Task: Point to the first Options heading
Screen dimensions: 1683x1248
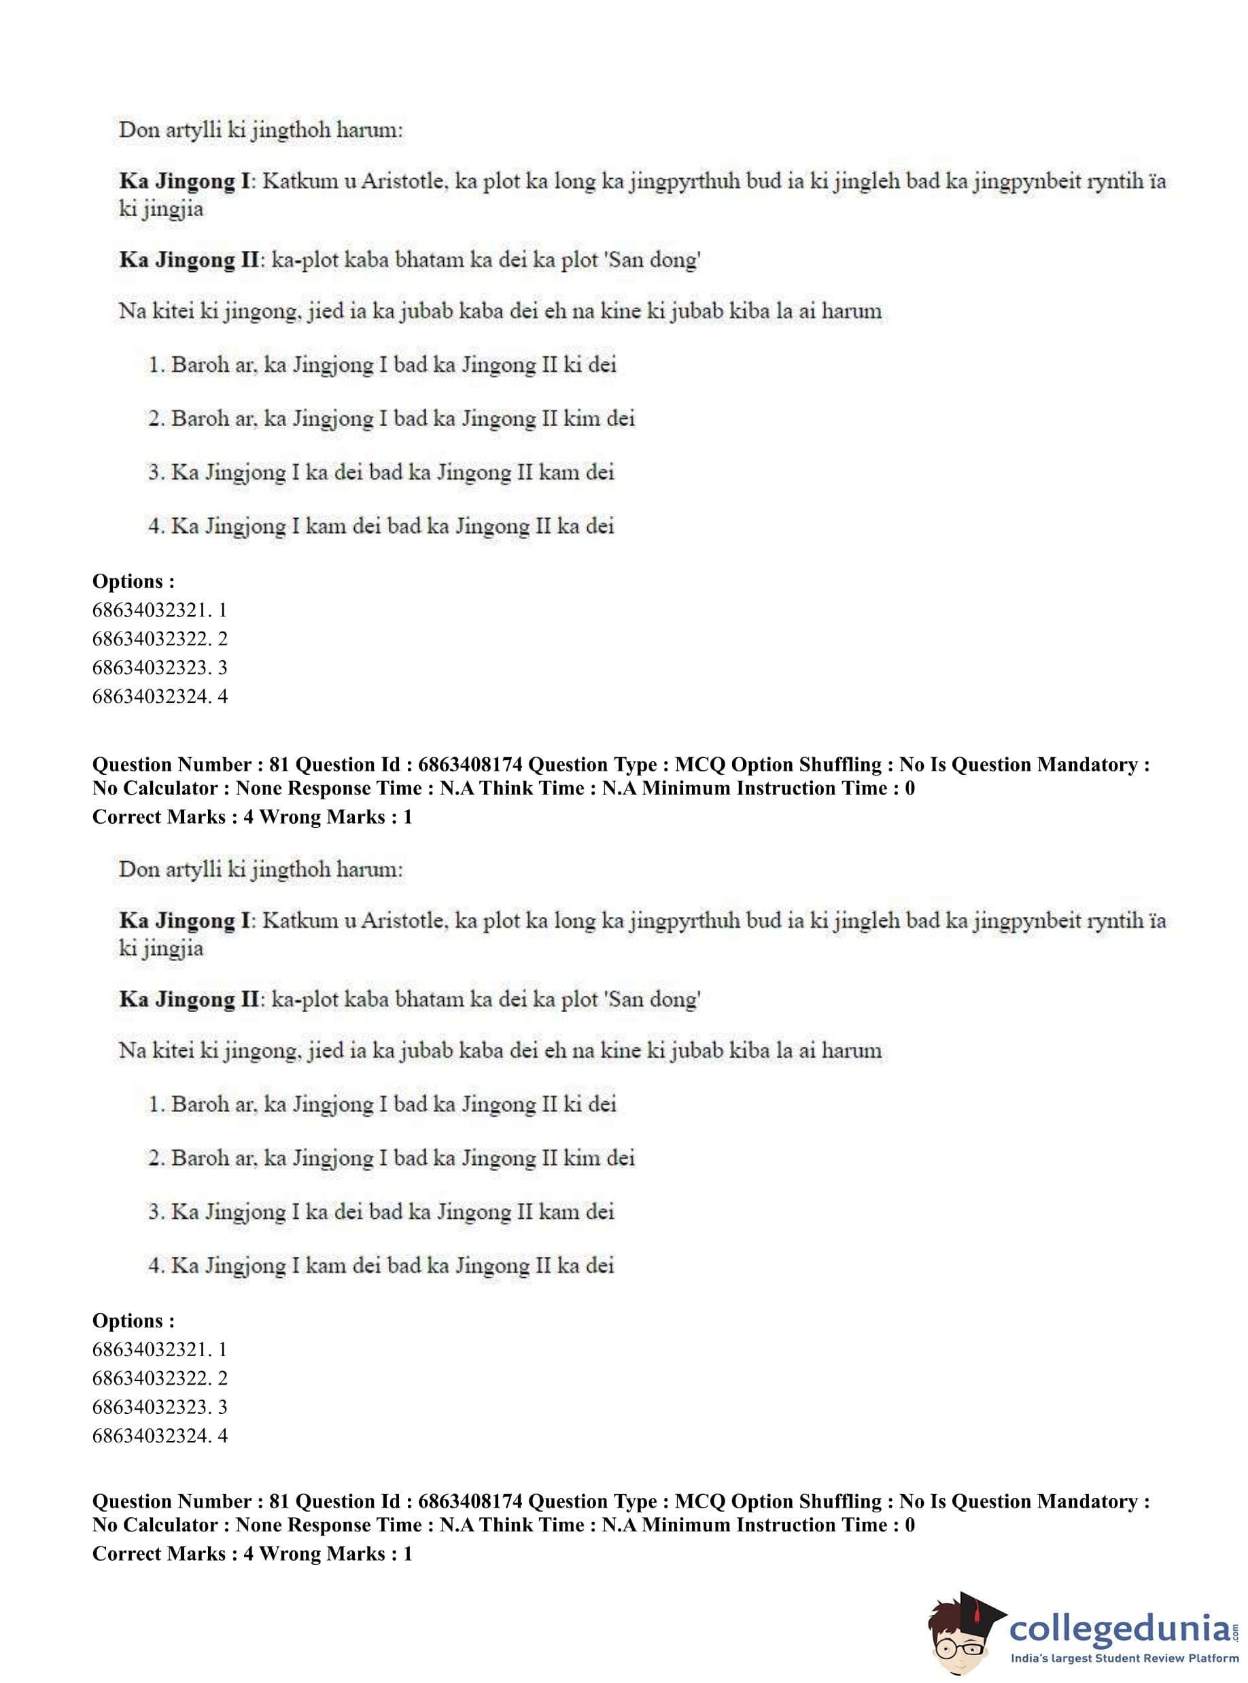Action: [x=133, y=581]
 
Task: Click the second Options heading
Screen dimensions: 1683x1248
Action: [x=133, y=1321]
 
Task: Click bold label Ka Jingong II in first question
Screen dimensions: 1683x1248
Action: [x=189, y=260]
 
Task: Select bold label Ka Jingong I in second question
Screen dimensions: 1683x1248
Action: [x=184, y=921]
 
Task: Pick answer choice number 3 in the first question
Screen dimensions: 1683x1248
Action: [x=381, y=473]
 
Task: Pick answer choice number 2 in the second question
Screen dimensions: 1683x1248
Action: [x=392, y=1158]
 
